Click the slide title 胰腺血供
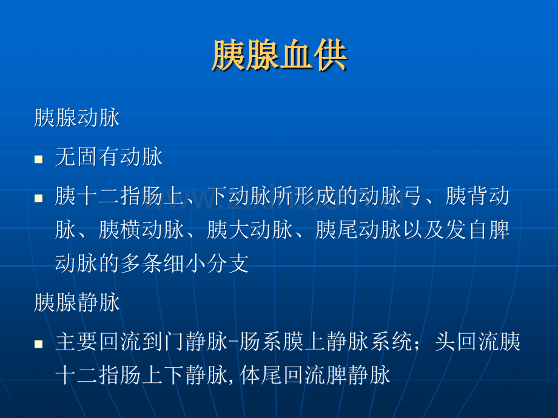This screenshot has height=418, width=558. tap(280, 56)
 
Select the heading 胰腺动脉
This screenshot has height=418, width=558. tap(77, 118)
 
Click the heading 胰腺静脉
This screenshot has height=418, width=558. tap(77, 302)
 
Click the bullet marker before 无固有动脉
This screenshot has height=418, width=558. tap(38, 159)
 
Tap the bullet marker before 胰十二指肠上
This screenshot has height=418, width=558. tap(38, 198)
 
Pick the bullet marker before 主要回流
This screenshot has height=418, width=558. tap(38, 343)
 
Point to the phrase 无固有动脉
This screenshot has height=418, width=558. tap(109, 157)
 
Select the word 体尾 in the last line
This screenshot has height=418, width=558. tap(261, 376)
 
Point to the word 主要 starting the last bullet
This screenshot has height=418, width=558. tap(76, 342)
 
